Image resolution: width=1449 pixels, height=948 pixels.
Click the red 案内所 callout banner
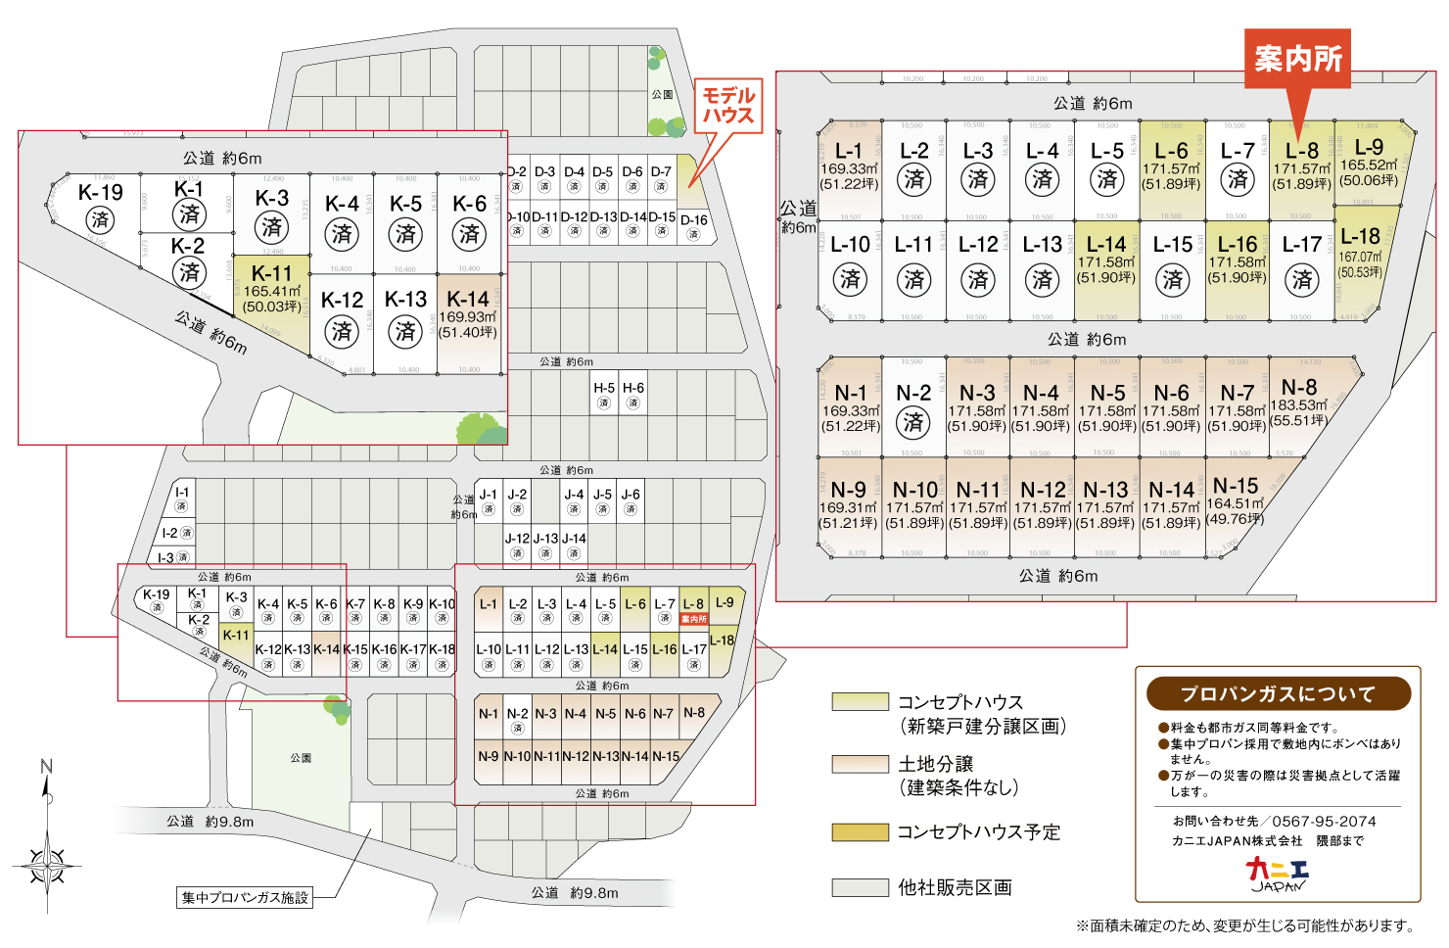[1297, 59]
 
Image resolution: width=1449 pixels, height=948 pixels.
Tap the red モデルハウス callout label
[728, 106]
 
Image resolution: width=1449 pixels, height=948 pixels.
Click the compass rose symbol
[47, 866]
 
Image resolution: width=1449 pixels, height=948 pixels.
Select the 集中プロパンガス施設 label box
[245, 897]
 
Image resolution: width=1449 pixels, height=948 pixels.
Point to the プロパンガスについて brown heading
[1278, 694]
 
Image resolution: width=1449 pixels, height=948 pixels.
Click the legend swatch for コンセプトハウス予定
[860, 832]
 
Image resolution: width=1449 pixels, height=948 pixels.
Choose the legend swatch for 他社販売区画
[860, 887]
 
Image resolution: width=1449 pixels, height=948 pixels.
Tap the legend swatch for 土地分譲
[860, 764]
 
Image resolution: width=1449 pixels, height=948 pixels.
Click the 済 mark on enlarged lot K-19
[100, 219]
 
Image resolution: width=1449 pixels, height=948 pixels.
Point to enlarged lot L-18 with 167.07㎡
[1361, 252]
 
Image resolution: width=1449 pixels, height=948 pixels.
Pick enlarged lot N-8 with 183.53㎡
[1299, 403]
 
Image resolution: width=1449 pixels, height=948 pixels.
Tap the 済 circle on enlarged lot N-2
[913, 422]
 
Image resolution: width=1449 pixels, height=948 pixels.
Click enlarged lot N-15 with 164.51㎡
[1236, 501]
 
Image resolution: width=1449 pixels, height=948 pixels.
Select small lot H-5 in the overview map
[604, 395]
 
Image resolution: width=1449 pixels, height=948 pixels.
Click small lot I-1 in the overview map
[181, 498]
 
